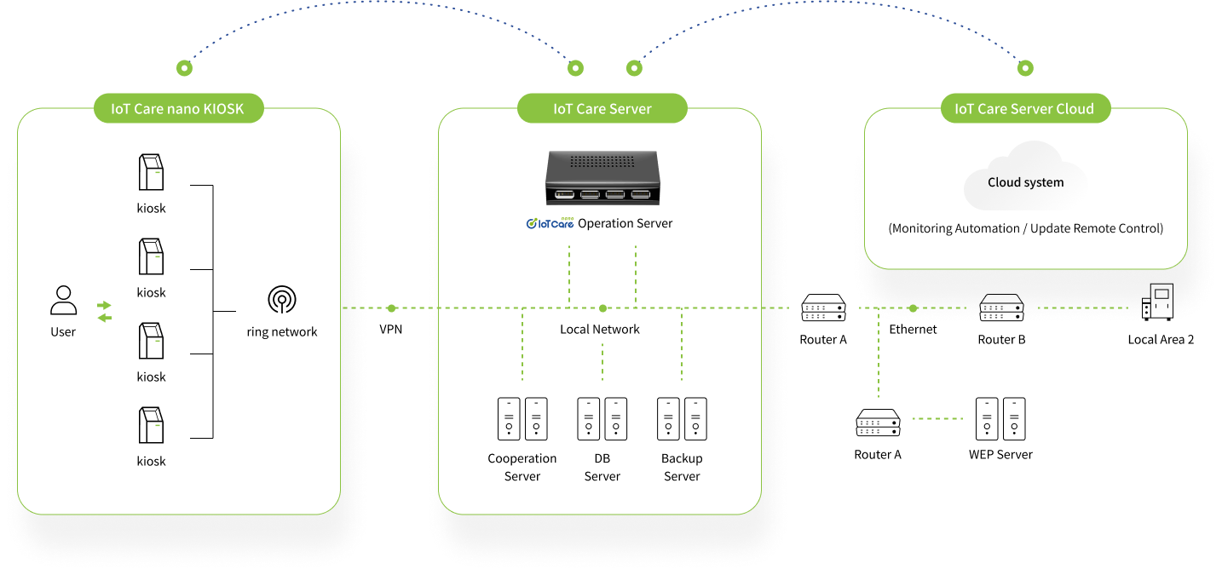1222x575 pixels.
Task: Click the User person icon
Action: [63, 300]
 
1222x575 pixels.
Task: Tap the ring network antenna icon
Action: [281, 300]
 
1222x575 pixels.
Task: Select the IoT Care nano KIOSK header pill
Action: [178, 108]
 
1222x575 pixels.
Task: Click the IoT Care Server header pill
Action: [602, 108]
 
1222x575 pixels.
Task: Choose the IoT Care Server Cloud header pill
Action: [1025, 108]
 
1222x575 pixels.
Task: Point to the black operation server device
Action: [602, 178]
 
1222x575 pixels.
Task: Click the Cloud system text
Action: [1026, 182]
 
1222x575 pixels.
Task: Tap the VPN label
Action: [390, 329]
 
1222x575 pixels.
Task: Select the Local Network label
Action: [600, 329]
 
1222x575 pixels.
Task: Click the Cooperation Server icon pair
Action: [522, 418]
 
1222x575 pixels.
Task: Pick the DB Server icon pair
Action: [602, 418]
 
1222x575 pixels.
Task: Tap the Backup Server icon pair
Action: [682, 418]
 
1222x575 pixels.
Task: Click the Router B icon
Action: [1001, 308]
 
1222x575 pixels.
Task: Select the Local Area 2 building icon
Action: [1157, 302]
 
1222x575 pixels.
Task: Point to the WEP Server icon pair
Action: [1000, 418]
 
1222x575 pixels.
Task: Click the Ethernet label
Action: [913, 329]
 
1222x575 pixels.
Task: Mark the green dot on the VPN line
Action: [391, 308]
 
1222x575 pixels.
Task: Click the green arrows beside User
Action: [104, 311]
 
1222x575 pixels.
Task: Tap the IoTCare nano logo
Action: [550, 222]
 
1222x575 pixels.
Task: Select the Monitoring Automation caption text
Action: [1026, 228]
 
